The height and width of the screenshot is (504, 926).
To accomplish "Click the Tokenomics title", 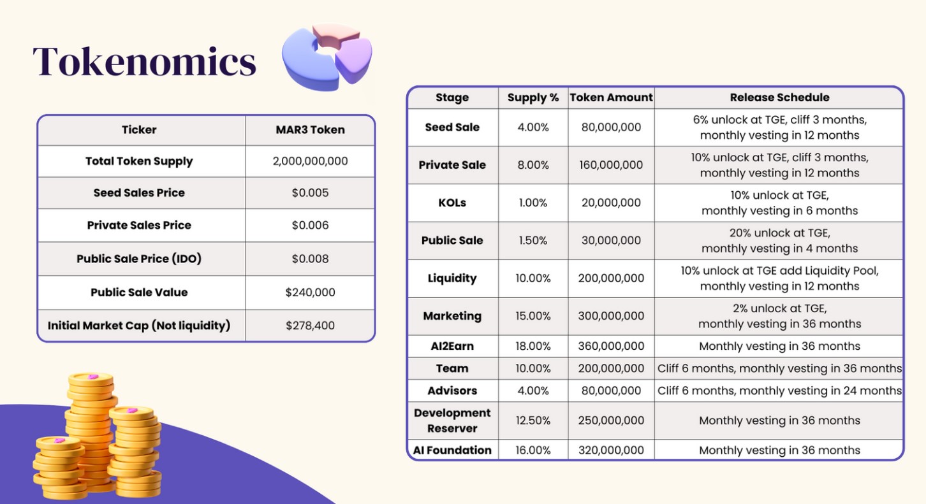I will tap(144, 62).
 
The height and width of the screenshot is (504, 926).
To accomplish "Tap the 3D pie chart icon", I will tap(327, 57).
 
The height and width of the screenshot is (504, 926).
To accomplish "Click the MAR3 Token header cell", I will tap(310, 130).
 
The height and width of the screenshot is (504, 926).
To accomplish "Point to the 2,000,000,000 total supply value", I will tap(310, 161).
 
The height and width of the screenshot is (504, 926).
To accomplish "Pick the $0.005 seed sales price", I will tap(310, 192).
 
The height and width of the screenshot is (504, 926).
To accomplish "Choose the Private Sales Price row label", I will tap(139, 225).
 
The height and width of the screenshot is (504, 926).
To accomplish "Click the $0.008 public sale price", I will tap(310, 259).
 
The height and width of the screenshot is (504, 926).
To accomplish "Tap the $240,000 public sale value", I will tap(310, 292).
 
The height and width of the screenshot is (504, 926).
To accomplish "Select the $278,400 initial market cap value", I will tap(310, 326).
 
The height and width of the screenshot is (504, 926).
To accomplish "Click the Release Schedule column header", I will tap(779, 97).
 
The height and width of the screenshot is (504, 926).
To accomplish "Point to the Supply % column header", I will tap(533, 97).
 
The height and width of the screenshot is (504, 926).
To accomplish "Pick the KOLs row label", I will tap(452, 203).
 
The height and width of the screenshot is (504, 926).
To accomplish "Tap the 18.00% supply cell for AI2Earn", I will tap(533, 346).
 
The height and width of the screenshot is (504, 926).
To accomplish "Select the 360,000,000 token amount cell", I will tap(611, 346).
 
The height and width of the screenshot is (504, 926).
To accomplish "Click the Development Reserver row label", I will tap(452, 421).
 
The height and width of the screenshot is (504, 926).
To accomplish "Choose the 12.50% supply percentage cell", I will tap(533, 421).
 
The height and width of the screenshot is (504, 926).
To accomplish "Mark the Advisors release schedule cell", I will tap(779, 391).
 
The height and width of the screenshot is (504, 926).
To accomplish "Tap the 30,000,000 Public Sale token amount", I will tap(611, 240).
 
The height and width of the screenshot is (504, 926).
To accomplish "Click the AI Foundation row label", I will tap(452, 450).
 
